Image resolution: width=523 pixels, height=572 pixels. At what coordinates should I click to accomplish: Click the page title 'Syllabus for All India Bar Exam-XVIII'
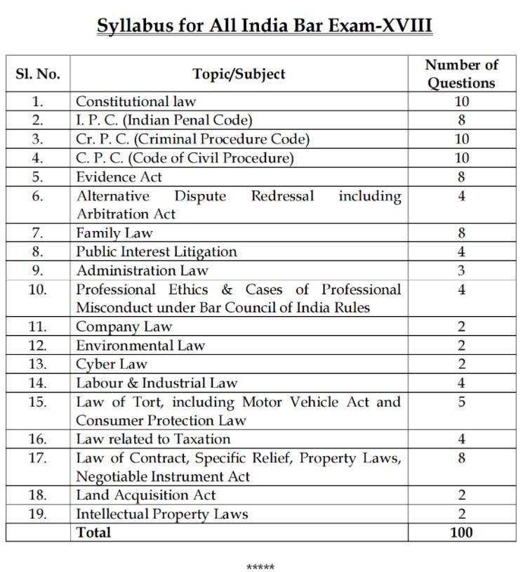tap(264, 26)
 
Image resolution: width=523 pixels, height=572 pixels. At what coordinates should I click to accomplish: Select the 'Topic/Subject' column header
tap(239, 74)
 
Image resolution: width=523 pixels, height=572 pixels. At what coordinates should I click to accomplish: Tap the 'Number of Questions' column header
tap(461, 74)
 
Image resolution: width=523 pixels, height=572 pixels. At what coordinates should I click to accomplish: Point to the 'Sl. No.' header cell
tap(38, 74)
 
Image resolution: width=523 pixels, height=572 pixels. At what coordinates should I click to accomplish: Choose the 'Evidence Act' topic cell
tap(119, 177)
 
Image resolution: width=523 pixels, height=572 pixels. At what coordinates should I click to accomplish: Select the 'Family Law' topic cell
tap(114, 233)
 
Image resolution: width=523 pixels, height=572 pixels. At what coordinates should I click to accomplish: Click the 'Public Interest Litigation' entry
tap(156, 252)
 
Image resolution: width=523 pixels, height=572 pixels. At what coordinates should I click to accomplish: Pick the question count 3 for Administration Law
tap(461, 271)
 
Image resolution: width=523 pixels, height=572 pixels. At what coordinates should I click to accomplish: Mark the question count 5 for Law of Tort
tap(461, 403)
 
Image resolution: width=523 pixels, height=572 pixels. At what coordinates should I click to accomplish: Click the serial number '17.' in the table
tap(38, 459)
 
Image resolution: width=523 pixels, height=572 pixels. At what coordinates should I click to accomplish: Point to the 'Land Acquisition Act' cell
tap(145, 495)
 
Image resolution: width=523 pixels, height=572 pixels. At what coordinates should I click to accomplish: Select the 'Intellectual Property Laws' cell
tap(161, 514)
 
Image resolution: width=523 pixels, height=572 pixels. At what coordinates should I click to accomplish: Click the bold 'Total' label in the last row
tap(93, 532)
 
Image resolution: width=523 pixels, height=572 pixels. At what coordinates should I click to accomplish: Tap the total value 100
tap(461, 532)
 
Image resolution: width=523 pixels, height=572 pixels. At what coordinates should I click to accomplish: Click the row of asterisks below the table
tap(260, 567)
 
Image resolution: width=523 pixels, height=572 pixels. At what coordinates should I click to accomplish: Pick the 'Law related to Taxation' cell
tap(153, 439)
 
